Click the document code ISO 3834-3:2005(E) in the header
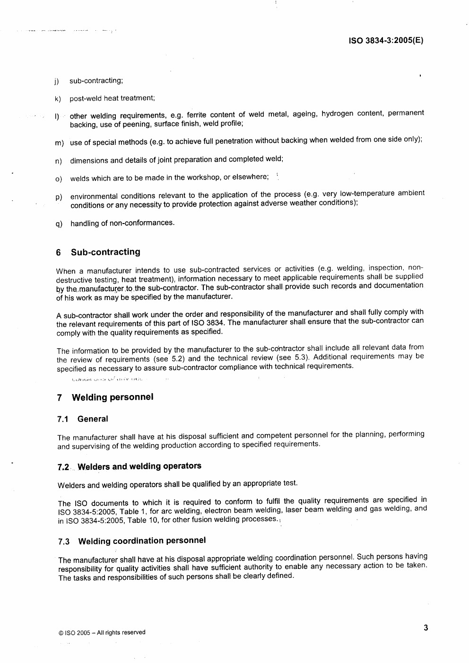coord(386,41)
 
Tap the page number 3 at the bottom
coord(426,628)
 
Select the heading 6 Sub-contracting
coord(98,252)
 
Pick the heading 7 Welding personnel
coord(105,397)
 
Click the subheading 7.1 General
coord(83,419)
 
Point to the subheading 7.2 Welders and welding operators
coord(130,467)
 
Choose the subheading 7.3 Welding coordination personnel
coord(132,541)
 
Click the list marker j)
coord(57,82)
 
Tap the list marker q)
coord(59,224)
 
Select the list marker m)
coord(59,143)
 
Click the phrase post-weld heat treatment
coord(112,98)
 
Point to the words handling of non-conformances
coord(122,223)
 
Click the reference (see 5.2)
coord(171,359)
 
